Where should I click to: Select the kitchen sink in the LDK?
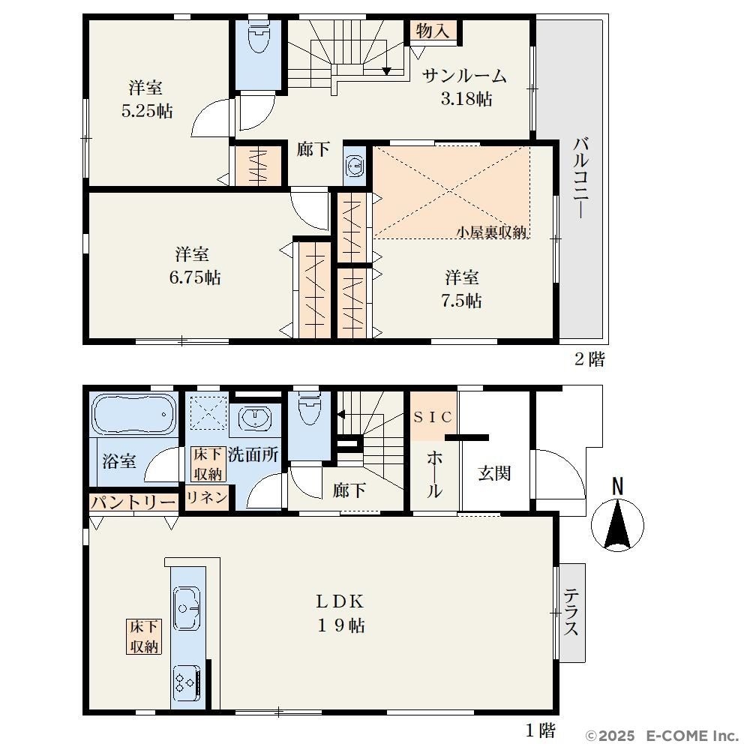coord(187,608)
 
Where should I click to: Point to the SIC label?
coord(433,417)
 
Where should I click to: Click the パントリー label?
coord(133,502)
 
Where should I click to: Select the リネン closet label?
coord(207,498)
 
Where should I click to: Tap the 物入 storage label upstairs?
coord(433,31)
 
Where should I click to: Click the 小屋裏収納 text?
coord(491,232)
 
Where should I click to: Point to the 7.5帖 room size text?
coord(461,301)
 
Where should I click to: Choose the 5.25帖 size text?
coord(147,111)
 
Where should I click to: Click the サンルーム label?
coord(464,76)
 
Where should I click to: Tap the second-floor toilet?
coord(259,37)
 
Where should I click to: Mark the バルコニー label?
coord(581,178)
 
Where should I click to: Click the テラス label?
coord(571,612)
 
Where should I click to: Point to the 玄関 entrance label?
coord(494,473)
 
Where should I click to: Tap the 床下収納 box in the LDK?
coord(143,637)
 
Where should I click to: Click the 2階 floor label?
coord(589,359)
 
